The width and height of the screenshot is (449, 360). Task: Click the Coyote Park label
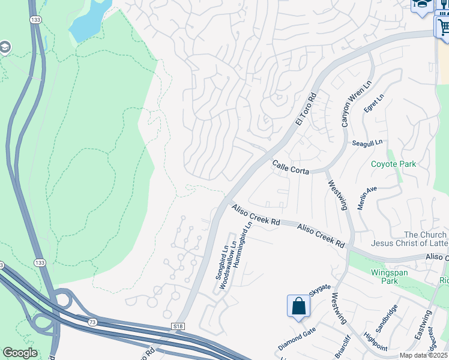click(393, 164)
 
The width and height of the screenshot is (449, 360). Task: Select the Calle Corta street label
click(291, 167)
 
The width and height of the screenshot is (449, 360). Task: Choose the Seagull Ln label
click(367, 143)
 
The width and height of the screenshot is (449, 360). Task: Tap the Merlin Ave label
click(366, 197)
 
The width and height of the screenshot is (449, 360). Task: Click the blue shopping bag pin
click(298, 307)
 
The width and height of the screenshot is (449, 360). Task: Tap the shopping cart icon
click(443, 26)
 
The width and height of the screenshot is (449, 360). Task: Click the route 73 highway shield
click(92, 322)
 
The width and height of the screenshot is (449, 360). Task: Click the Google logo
click(20, 353)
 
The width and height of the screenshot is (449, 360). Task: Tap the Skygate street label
click(319, 291)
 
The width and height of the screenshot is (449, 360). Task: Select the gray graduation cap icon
click(5, 47)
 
